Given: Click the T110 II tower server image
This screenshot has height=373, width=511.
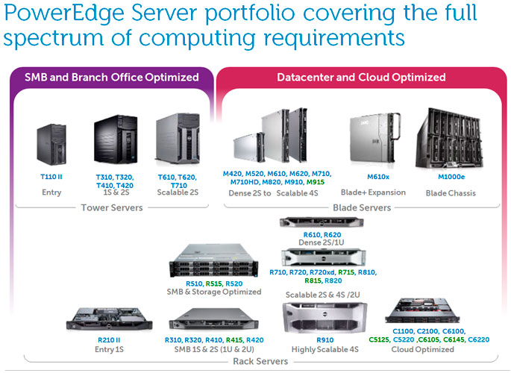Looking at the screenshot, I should point(53,147).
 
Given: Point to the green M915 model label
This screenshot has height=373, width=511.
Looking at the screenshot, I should point(315,183).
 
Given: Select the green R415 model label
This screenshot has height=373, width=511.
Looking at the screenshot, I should point(233,340).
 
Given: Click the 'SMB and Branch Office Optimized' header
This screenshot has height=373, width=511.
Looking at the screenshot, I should point(112,77).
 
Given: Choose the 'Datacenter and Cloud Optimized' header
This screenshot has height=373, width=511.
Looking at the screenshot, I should point(361,77).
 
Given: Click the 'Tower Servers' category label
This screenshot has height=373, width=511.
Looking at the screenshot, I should point(111,207).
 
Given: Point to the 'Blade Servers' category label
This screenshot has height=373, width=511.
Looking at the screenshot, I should point(362,207).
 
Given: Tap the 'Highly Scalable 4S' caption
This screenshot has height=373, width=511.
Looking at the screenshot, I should point(309,348).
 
